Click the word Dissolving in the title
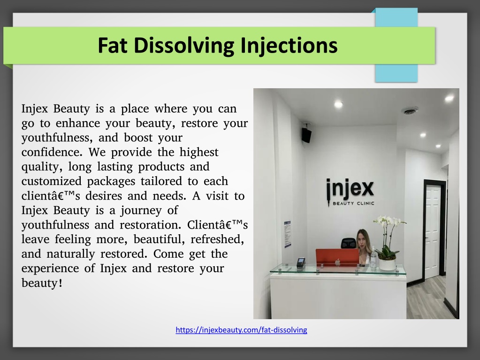point(184,46)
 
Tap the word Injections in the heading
point(289,46)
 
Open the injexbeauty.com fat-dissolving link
point(241,330)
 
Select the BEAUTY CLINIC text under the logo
point(353,203)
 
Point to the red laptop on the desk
point(337,257)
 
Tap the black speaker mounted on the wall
point(306,134)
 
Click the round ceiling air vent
point(410,110)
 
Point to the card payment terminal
point(301,262)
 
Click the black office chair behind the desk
point(348,243)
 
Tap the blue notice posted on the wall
point(287,234)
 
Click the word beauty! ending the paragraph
point(42,283)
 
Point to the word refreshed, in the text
point(217,239)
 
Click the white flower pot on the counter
point(387,264)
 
